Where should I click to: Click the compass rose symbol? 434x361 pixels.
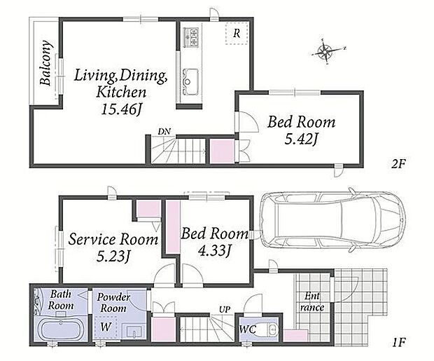pos(325,52)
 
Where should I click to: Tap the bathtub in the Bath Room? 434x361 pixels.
pos(62,330)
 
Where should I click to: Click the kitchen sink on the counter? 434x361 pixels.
pos(190,81)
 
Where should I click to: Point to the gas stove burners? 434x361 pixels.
pos(191,37)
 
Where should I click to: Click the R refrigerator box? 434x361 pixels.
pos(237,34)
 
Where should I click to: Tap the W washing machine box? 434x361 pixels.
pos(106,327)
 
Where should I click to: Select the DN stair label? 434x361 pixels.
pos(164,132)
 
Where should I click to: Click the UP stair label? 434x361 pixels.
pos(225,309)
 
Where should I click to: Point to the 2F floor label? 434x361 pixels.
pos(398,165)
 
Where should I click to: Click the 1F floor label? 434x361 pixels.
pos(399,343)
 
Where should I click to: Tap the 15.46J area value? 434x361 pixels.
pos(121,109)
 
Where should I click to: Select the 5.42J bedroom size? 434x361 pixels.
pos(300,139)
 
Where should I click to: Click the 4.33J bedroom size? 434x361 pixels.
pos(214,251)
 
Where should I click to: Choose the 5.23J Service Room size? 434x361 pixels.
pos(113,257)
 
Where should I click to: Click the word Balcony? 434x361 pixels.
pos(45,63)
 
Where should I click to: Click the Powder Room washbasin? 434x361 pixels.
pos(134,332)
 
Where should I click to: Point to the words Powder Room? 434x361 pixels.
pos(113,303)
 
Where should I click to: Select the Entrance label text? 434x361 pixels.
pos(312,302)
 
